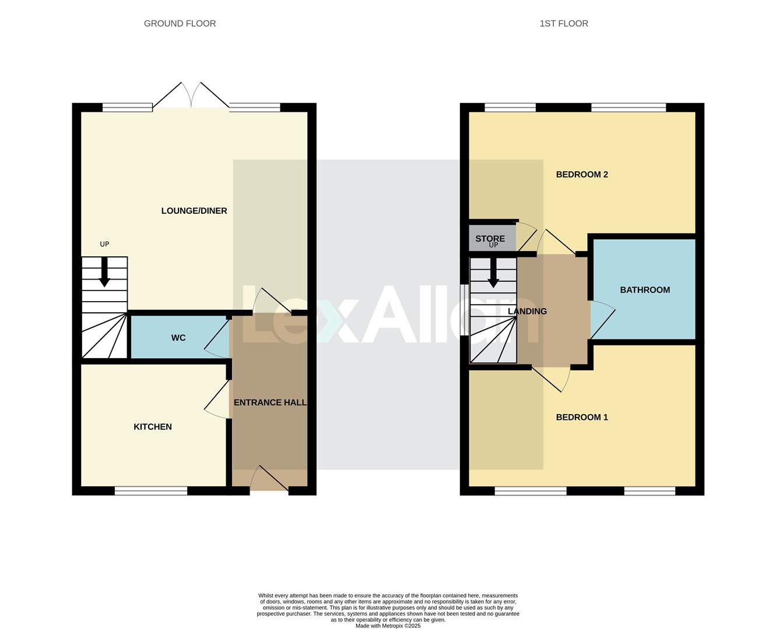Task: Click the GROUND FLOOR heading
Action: pyautogui.click(x=180, y=24)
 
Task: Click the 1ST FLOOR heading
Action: pyautogui.click(x=563, y=24)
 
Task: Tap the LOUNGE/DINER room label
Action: pyautogui.click(x=194, y=211)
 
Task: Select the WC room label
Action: pyautogui.click(x=178, y=338)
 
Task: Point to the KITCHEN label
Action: pyautogui.click(x=153, y=427)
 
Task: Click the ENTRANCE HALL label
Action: pyautogui.click(x=270, y=402)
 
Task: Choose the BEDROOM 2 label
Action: pyautogui.click(x=581, y=175)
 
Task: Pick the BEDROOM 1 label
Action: pyautogui.click(x=581, y=417)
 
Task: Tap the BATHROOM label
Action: pyautogui.click(x=645, y=290)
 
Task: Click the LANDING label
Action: pyautogui.click(x=527, y=312)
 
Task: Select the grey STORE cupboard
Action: pyautogui.click(x=491, y=238)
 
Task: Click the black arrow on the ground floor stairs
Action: pyautogui.click(x=104, y=273)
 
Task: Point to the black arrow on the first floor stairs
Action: pyautogui.click(x=493, y=273)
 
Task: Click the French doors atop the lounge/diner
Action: pyautogui.click(x=191, y=96)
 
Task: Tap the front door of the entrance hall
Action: pyautogui.click(x=269, y=481)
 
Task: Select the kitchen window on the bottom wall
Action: pyautogui.click(x=151, y=491)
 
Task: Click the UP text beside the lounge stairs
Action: pyautogui.click(x=104, y=245)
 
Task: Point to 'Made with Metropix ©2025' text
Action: pyautogui.click(x=388, y=626)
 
